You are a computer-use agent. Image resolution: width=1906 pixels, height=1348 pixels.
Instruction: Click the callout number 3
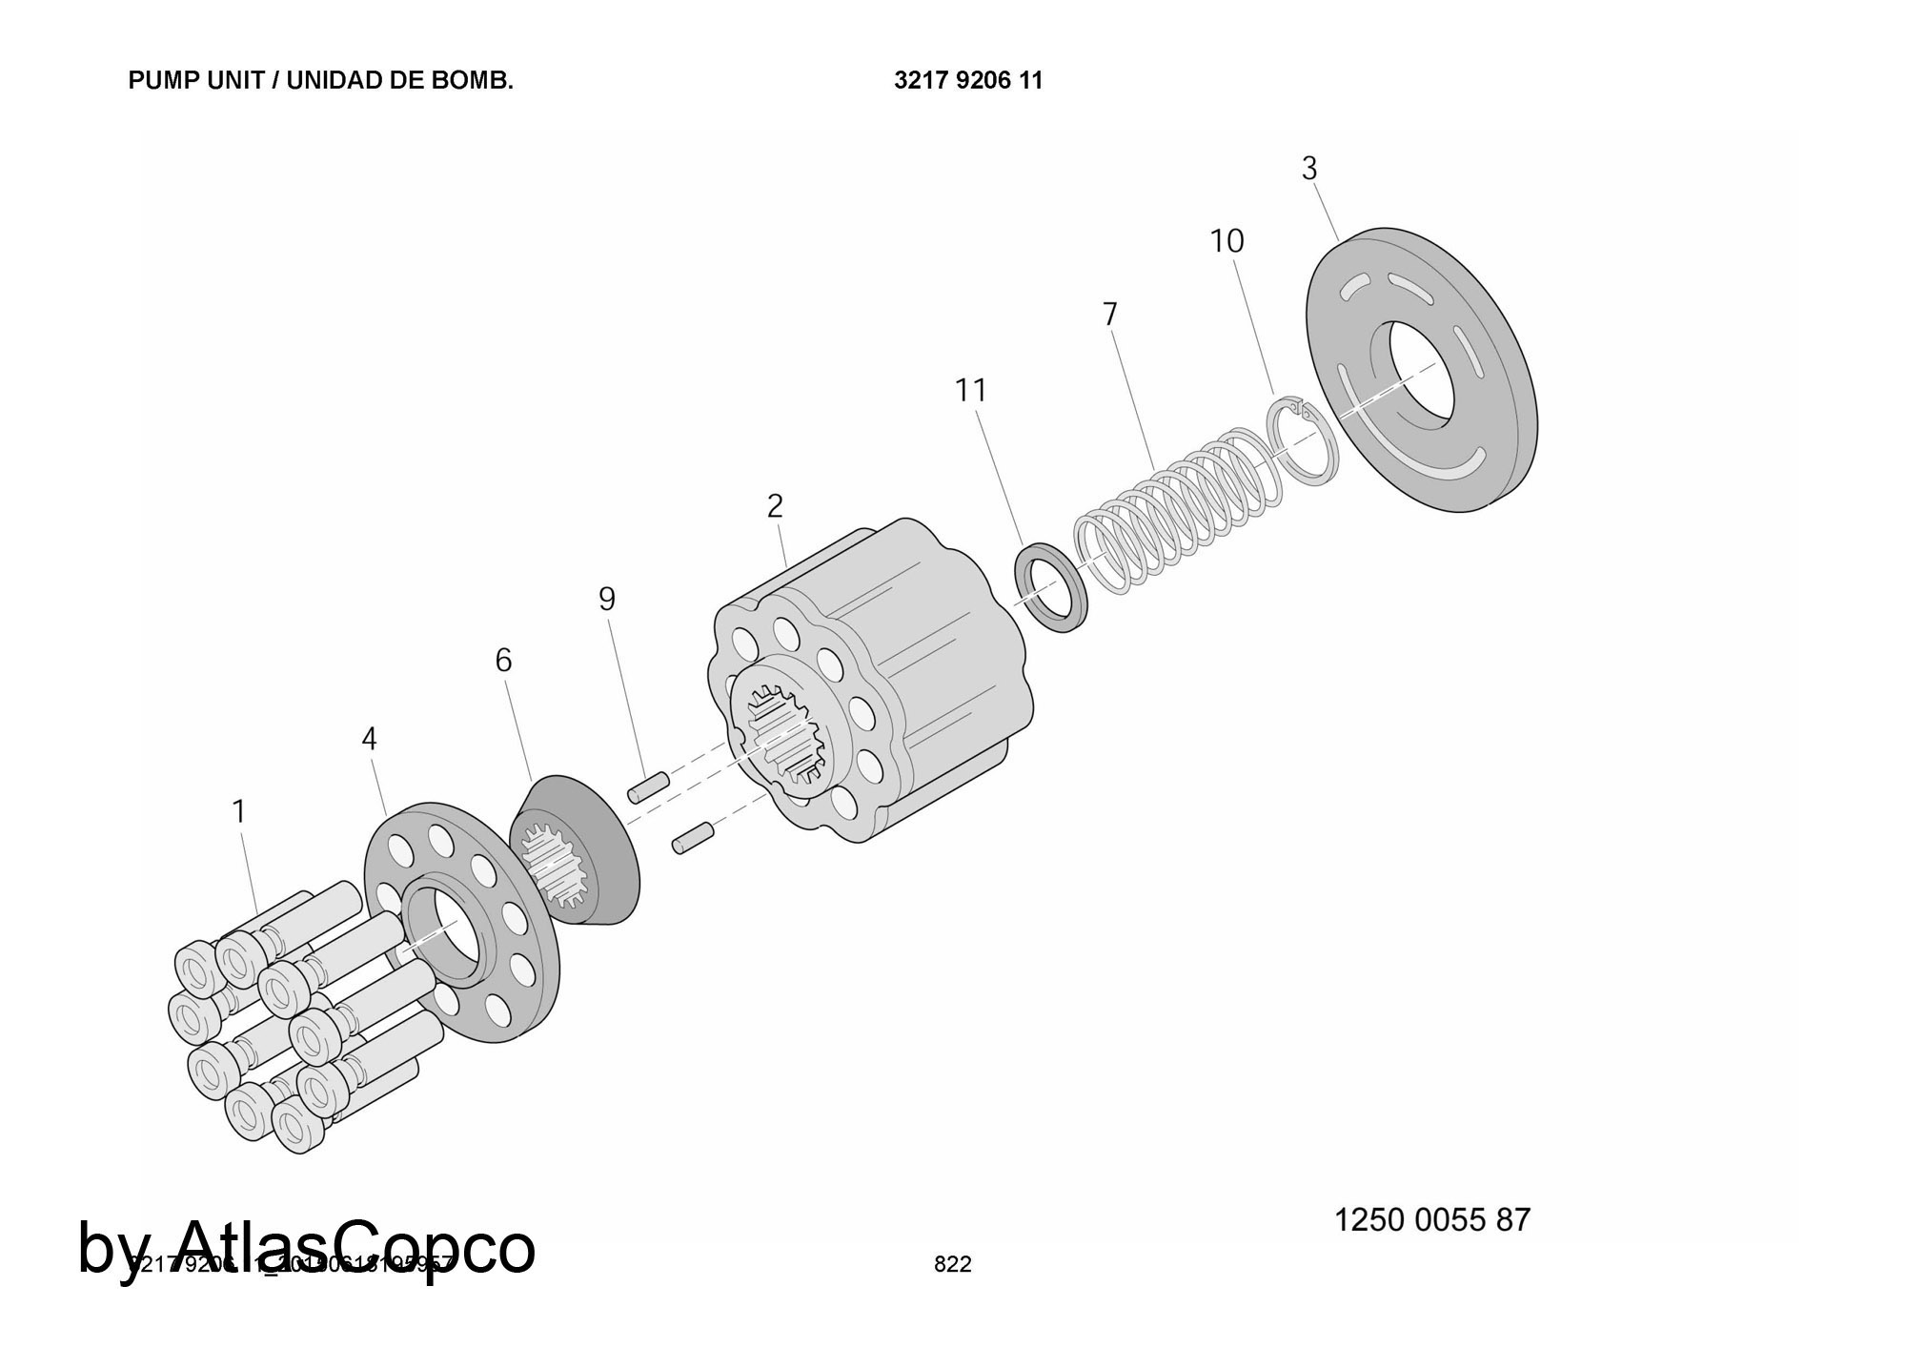[x=1309, y=169]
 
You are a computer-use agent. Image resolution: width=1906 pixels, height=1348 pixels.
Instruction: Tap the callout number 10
[x=1227, y=241]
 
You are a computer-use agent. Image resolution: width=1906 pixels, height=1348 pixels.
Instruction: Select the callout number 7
[x=1109, y=314]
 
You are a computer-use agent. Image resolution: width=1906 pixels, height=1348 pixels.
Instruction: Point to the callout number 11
[x=971, y=390]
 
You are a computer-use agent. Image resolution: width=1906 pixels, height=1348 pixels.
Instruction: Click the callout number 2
[x=775, y=506]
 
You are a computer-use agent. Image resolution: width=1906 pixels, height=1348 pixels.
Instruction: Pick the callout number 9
[x=607, y=599]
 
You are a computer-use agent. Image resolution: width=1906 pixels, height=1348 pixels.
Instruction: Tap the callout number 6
[x=503, y=660]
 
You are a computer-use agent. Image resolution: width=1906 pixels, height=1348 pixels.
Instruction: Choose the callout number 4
[x=369, y=739]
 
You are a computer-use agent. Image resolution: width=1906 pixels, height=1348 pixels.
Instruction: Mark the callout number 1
[x=239, y=811]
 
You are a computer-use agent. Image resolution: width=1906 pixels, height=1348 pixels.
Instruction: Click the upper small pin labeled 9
[x=648, y=787]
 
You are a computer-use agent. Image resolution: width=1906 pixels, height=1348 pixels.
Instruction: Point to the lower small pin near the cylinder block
[x=693, y=838]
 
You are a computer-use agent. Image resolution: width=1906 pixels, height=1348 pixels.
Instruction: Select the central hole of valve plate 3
[x=1421, y=373]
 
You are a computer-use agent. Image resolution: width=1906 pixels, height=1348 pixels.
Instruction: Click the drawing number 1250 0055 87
[x=1431, y=1220]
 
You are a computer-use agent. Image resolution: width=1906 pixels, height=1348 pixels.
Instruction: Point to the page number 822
[x=952, y=1264]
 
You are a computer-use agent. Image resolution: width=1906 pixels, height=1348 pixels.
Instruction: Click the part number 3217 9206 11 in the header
[x=968, y=81]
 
